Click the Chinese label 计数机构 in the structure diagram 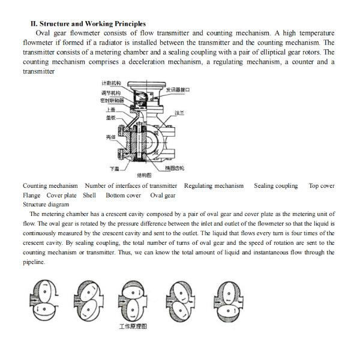point(111,82)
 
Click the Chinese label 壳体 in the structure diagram point(110,137)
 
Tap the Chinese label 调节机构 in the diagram point(110,94)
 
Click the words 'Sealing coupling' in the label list point(275,186)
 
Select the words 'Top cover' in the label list point(322,186)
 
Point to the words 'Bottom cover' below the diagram point(123,195)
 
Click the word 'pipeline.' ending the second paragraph point(34,262)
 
